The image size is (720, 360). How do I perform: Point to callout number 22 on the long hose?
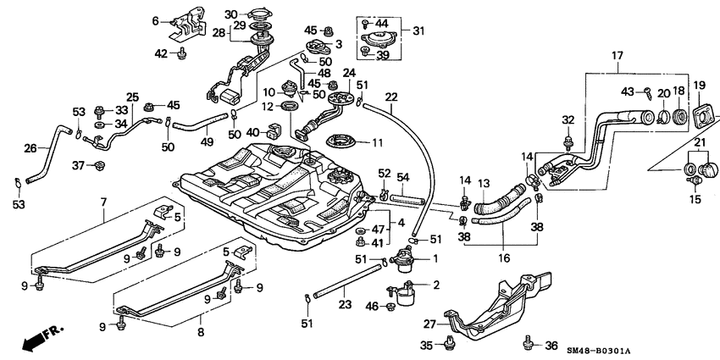[x=392, y=96]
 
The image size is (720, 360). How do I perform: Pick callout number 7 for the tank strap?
[x=103, y=201]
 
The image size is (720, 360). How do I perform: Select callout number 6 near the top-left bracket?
[x=155, y=20]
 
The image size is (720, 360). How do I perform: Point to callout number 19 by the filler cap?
[x=699, y=85]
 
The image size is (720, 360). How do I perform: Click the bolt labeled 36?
[x=531, y=344]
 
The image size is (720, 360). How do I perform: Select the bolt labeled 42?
[x=181, y=54]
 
